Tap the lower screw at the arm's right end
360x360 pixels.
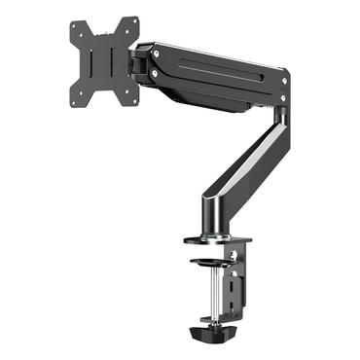(x=282, y=96)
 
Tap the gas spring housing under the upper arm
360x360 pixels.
(x=209, y=93)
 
